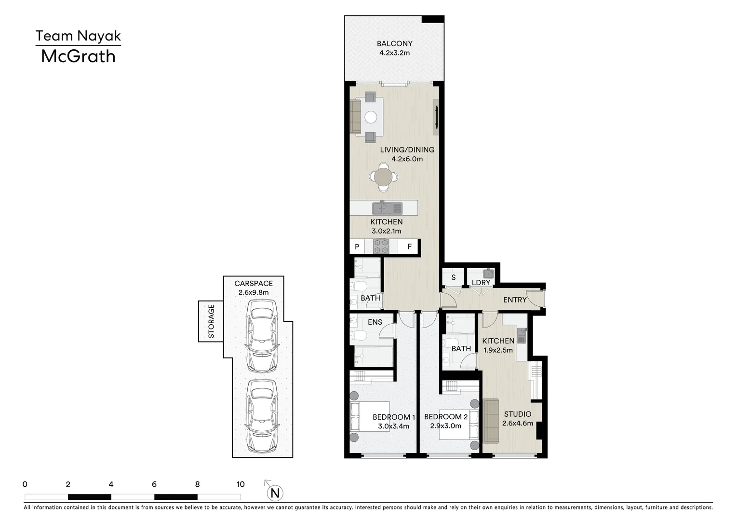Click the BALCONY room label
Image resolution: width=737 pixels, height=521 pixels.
pyautogui.click(x=394, y=43)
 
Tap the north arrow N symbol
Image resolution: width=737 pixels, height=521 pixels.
pyautogui.click(x=275, y=493)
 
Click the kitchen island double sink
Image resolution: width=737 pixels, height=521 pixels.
pyautogui.click(x=387, y=208)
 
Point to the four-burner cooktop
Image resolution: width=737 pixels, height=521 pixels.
pyautogui.click(x=381, y=247)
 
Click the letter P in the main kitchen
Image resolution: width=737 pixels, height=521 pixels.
pyautogui.click(x=357, y=247)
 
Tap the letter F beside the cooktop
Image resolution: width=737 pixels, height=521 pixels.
pyautogui.click(x=409, y=247)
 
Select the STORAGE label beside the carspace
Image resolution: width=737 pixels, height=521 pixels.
pyautogui.click(x=211, y=321)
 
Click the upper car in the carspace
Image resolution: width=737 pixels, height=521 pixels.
pyautogui.click(x=262, y=336)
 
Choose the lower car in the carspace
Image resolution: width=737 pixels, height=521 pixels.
pyautogui.click(x=262, y=416)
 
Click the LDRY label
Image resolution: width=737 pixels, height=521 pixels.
pyautogui.click(x=481, y=283)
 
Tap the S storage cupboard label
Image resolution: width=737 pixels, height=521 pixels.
pyautogui.click(x=454, y=277)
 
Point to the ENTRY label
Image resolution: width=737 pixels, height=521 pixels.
pyautogui.click(x=515, y=300)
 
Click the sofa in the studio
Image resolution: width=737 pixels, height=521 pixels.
pyautogui.click(x=491, y=421)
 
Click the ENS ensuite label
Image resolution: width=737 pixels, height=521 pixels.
pyautogui.click(x=375, y=322)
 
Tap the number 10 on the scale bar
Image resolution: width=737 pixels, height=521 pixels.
pyautogui.click(x=240, y=484)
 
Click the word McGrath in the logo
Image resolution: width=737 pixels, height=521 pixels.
pyautogui.click(x=78, y=56)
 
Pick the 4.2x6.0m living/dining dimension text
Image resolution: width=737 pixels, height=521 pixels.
pyautogui.click(x=407, y=159)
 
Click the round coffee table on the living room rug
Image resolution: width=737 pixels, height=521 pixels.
pyautogui.click(x=371, y=117)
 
